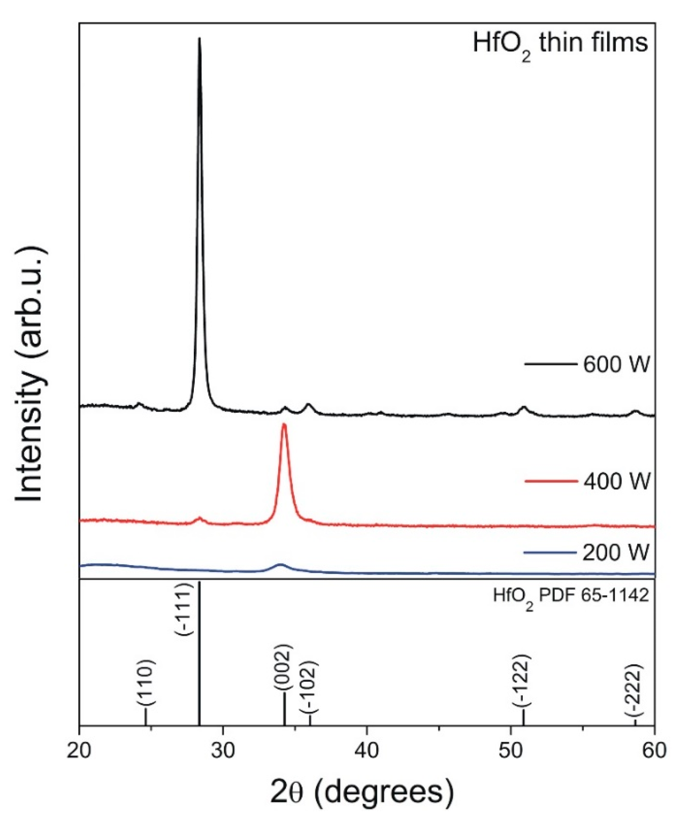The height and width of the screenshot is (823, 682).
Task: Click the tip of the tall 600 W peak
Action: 200,39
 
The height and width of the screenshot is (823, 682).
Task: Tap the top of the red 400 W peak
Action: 284,426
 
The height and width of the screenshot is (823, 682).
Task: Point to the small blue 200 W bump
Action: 280,565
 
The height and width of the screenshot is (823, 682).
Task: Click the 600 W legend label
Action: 616,365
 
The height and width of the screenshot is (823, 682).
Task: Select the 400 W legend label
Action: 616,481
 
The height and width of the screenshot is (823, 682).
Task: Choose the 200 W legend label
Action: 616,552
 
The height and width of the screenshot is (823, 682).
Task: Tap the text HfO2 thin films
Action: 560,44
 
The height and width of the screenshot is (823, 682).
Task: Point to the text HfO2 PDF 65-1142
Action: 570,597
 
